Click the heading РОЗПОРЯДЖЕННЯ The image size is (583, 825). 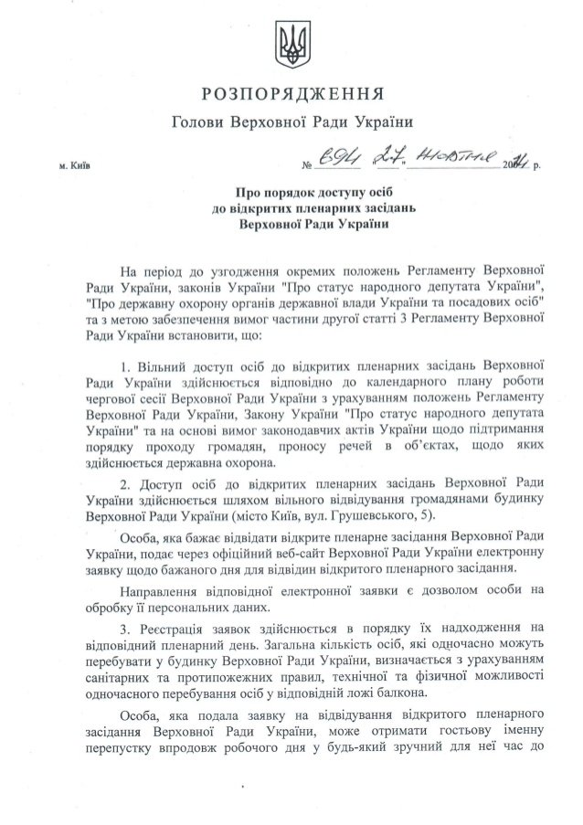coord(291,93)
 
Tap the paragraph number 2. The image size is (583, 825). coord(123,481)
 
